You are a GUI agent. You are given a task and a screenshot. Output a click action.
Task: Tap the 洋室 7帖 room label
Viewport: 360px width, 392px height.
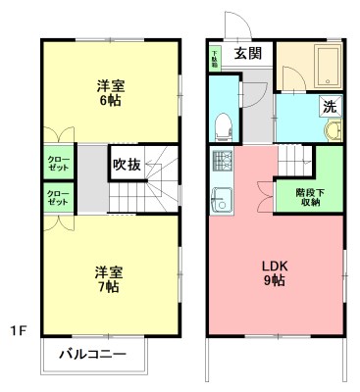pyautogui.click(x=109, y=278)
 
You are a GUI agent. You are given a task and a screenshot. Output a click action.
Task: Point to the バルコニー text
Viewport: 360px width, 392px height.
pyautogui.click(x=92, y=354)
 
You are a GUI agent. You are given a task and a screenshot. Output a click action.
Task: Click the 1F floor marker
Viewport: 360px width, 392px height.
pyautogui.click(x=18, y=330)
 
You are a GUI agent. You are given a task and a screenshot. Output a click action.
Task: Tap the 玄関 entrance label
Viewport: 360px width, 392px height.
pyautogui.click(x=248, y=54)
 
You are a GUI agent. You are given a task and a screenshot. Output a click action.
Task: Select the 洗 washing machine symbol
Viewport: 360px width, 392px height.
pyautogui.click(x=331, y=106)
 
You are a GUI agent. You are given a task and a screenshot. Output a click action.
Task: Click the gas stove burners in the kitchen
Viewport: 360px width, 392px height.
pyautogui.click(x=220, y=161)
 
